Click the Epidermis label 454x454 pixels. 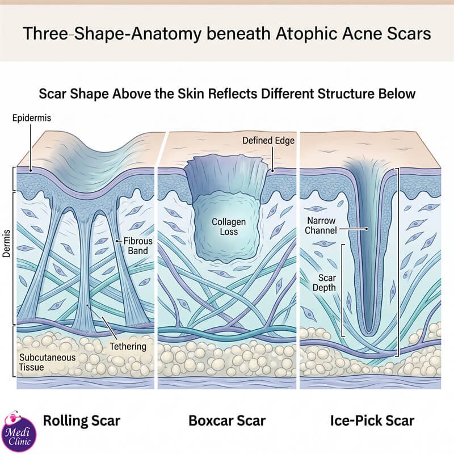(32, 118)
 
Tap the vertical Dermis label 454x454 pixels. (6, 244)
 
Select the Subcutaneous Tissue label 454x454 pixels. (47, 362)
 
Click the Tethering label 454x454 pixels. (128, 346)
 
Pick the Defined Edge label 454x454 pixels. (268, 140)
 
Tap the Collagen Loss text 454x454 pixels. (229, 226)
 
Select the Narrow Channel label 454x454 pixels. (321, 225)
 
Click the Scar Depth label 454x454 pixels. (324, 283)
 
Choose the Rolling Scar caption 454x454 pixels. (82, 421)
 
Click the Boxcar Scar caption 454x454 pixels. (227, 421)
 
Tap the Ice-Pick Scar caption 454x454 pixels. (372, 421)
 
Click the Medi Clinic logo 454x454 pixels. (19, 432)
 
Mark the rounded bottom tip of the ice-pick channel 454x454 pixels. (368, 331)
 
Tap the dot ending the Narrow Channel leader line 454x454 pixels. (367, 229)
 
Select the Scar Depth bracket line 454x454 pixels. (343, 291)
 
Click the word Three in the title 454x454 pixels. (45, 33)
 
